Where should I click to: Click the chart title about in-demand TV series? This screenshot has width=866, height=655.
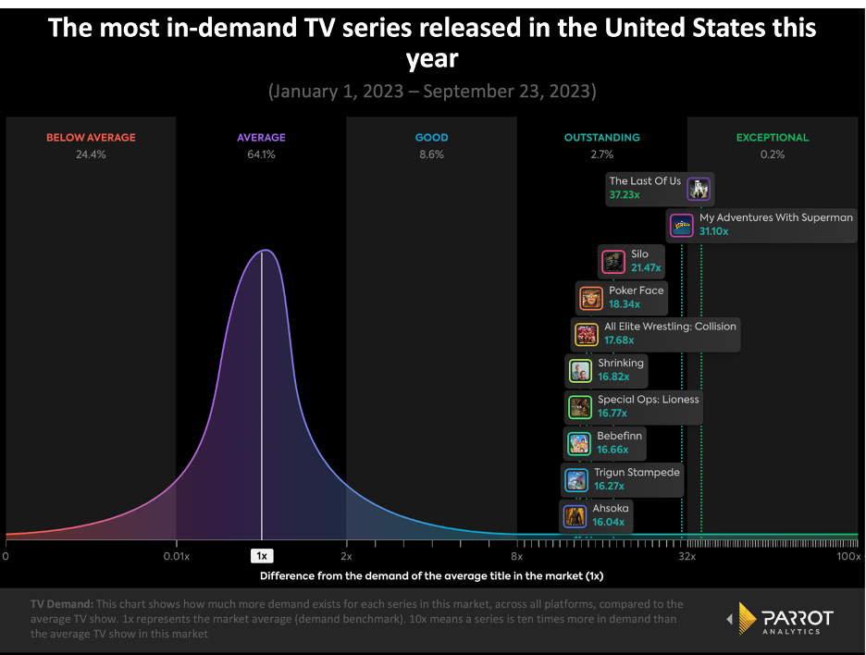coord(432,43)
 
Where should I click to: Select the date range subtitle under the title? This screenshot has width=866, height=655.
coord(432,92)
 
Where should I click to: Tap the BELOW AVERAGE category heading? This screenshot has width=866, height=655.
coord(91,138)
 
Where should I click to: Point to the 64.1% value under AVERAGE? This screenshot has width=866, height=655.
coord(261,154)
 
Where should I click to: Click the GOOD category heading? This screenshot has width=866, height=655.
coord(431,138)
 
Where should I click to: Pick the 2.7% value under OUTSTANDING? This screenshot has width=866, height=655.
coord(601,154)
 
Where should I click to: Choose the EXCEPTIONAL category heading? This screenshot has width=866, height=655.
coord(772,138)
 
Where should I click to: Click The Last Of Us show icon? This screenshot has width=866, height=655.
coord(699,189)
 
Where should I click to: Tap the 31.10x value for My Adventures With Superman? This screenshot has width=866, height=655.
coord(713,231)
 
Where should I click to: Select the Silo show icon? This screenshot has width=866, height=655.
coord(612,262)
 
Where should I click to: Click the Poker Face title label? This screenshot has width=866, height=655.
coord(636,290)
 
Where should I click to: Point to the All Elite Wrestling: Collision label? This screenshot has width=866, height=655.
coord(670,327)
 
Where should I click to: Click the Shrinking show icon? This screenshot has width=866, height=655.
coord(580,371)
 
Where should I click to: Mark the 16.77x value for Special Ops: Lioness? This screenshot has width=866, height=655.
coord(613,414)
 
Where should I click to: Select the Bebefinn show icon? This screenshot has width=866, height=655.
coord(579,443)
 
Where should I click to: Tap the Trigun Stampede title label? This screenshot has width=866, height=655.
coord(637,472)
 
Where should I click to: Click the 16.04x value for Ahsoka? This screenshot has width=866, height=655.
coord(609,522)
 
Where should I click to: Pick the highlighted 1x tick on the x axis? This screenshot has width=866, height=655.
coord(262,556)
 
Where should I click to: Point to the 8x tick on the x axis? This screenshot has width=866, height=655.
coord(516,556)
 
